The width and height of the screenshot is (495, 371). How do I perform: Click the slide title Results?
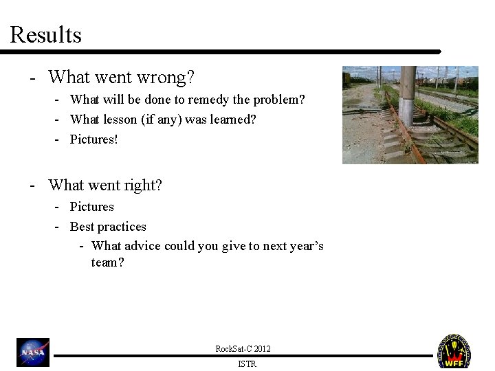point(45,34)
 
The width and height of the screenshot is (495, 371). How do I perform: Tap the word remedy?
point(210,100)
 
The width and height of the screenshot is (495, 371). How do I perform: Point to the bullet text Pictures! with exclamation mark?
point(94,139)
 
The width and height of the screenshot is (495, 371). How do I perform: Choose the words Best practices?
point(108,226)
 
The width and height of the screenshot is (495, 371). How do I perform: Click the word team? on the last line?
point(107,262)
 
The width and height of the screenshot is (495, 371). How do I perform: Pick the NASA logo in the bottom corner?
point(33,352)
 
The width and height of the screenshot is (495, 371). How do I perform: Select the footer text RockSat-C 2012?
point(243,349)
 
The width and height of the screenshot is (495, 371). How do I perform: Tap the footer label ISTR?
point(246,364)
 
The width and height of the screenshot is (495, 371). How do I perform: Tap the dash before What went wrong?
point(32,77)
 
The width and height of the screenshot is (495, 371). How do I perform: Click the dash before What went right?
point(32,185)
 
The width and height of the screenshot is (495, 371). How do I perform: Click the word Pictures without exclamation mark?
point(92,206)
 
